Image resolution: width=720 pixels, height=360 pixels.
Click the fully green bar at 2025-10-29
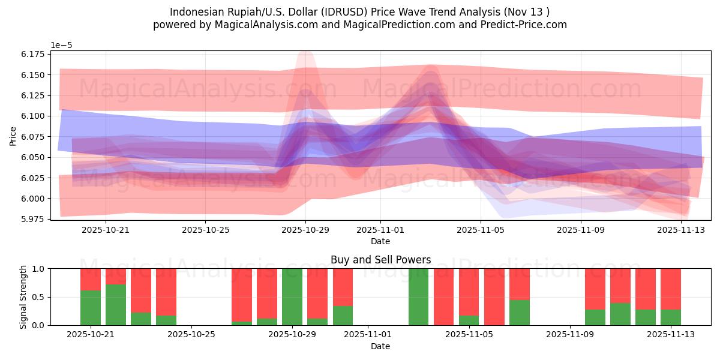coord(292,297)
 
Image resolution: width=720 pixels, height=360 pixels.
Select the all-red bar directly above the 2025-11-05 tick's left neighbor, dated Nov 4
coord(443,297)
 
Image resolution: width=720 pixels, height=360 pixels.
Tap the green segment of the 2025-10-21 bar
coord(91,308)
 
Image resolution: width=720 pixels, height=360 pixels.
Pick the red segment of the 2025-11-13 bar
coord(671,289)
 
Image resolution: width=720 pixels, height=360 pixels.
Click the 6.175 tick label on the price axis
coord(32,54)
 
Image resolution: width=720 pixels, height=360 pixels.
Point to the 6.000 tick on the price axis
coord(32,199)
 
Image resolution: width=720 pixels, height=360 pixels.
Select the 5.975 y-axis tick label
coord(32,219)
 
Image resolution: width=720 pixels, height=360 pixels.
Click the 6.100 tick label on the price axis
coord(32,116)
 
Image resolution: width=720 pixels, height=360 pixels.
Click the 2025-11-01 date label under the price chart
coord(380,229)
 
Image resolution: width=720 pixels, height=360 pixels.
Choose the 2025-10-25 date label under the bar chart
coord(191,335)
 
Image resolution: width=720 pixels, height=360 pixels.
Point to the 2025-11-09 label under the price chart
coord(580,229)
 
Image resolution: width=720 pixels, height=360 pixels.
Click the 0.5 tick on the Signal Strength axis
coord(38,297)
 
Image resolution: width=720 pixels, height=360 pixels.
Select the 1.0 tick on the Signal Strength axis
coord(38,269)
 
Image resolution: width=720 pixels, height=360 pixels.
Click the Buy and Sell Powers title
coord(380,260)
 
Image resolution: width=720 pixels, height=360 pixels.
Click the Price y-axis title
coord(13,136)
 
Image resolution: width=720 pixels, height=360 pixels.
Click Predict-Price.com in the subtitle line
coord(525,25)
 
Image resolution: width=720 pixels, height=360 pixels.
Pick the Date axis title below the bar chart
coord(380,346)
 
